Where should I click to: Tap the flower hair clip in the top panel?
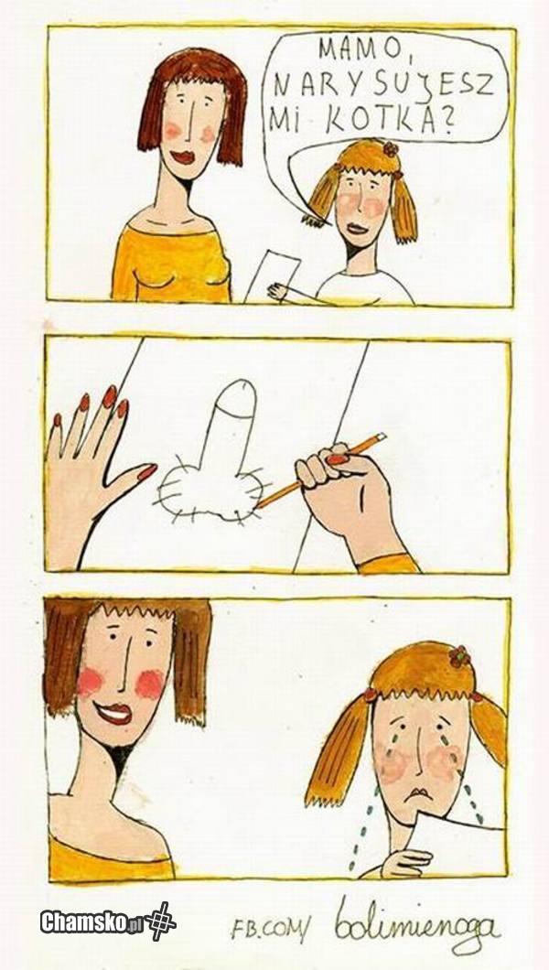[x=390, y=148]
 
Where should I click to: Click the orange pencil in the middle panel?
[x=321, y=470]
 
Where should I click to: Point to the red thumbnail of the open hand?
[x=147, y=472]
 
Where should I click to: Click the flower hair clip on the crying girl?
[x=459, y=656]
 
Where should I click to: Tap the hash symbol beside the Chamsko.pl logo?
[x=160, y=921]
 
